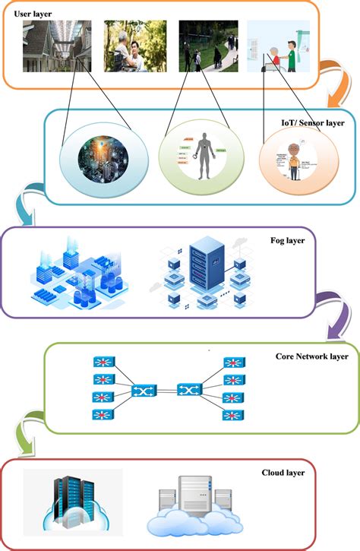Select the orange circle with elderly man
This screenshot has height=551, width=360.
(x=292, y=159)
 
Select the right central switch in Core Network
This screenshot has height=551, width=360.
(x=188, y=391)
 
